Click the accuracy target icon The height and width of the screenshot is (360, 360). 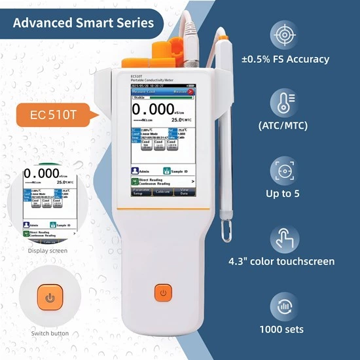[x=285, y=35]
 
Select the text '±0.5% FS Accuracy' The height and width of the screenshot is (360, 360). [x=295, y=60]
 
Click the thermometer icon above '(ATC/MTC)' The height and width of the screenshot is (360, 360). [x=285, y=103]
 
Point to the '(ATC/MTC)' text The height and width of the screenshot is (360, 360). [x=285, y=125]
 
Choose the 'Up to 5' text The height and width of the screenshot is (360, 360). [x=285, y=193]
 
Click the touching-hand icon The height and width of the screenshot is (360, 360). [x=285, y=240]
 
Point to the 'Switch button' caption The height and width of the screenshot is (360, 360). [x=50, y=334]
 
